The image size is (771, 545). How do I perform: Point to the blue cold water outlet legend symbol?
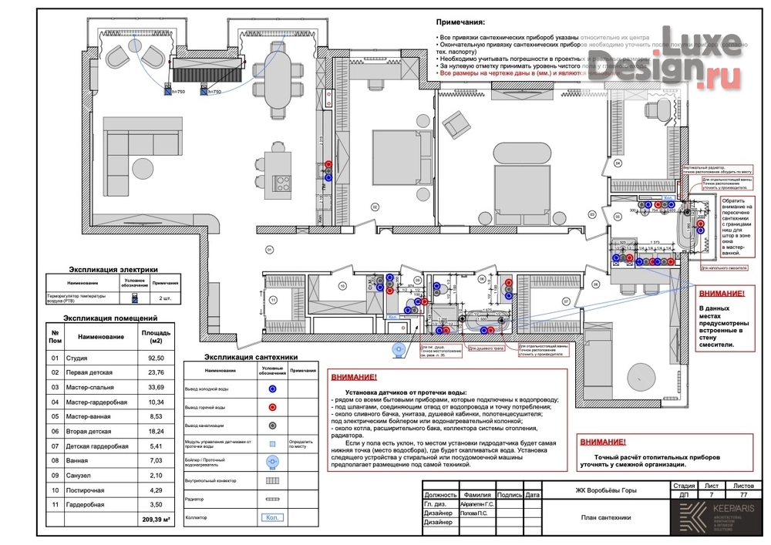click(x=271, y=389)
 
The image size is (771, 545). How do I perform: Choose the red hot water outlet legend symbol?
click(x=271, y=407)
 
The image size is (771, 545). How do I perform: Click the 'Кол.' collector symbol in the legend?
click(x=271, y=518)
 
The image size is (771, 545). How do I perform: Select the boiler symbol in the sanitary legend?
click(x=271, y=462)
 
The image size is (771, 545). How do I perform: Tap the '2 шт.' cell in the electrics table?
click(x=165, y=297)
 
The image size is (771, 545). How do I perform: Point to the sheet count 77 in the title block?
click(x=743, y=496)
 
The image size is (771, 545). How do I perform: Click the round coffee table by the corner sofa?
click(x=143, y=167)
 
